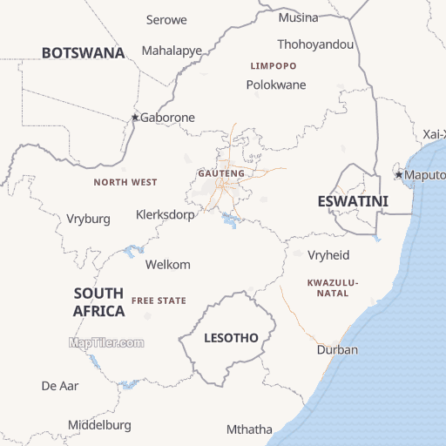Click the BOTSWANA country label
[83, 53]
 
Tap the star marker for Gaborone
[135, 118]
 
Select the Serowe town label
[166, 19]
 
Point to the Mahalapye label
[172, 51]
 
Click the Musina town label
[298, 18]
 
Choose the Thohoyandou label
[315, 44]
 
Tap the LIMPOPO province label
[273, 66]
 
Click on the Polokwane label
[276, 85]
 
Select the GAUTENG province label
[221, 173]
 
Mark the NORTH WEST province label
[125, 182]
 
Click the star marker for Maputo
[400, 175]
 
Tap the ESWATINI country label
[352, 201]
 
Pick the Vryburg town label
[89, 220]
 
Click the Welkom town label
[168, 265]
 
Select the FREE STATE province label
[159, 301]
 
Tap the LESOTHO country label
[231, 337]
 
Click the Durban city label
[337, 350]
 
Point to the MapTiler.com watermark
[106, 342]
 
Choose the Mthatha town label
[249, 429]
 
